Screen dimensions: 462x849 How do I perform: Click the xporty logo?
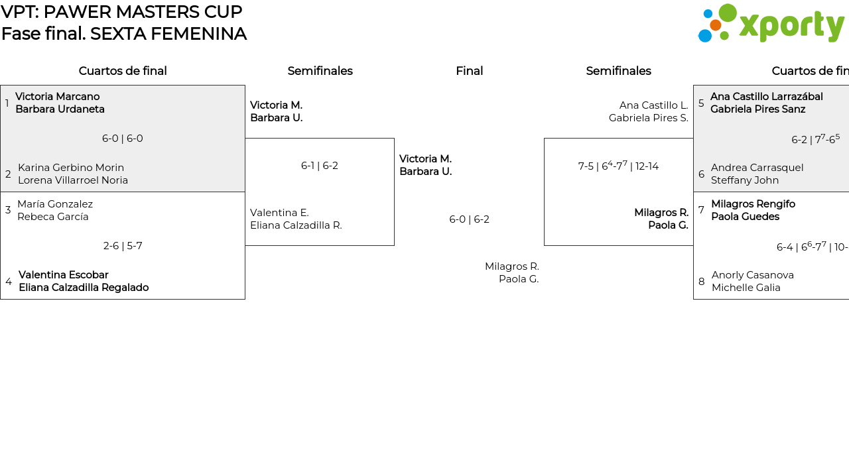(771, 24)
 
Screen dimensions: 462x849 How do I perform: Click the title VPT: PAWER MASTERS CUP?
(121, 12)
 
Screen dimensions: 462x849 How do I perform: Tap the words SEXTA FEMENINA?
(168, 34)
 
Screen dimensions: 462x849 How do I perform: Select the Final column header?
(469, 71)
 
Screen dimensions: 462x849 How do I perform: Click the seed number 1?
(7, 103)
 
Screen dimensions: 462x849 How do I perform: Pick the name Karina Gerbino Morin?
(71, 168)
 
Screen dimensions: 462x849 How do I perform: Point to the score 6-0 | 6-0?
(123, 139)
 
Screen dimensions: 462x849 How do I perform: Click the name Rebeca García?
(53, 217)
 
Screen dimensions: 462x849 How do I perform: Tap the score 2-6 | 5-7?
(123, 246)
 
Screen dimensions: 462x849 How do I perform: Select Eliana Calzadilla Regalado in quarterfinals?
(84, 288)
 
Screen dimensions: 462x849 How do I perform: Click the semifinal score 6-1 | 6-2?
(320, 166)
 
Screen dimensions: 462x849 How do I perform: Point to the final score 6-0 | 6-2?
(469, 219)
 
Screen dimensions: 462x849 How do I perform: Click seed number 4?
(9, 282)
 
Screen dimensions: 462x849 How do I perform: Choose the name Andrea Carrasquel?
(757, 168)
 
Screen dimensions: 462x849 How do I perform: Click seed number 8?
(702, 282)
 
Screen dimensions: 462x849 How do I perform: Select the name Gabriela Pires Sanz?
(757, 109)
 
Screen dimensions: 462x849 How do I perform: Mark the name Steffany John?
(745, 180)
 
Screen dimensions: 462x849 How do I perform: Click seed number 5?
(701, 103)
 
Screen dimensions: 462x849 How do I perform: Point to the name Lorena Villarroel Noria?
(73, 180)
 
